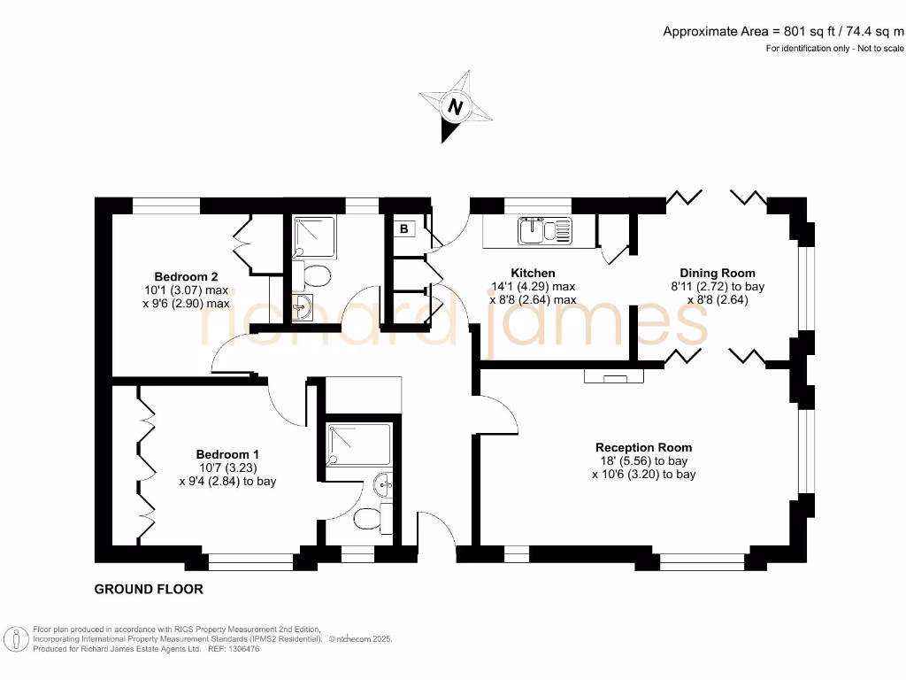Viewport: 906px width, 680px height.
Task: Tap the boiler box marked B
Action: [404, 228]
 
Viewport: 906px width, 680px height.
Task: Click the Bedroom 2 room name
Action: [186, 275]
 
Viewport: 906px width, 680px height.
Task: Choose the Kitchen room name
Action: [533, 273]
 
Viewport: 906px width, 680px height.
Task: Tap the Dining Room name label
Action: [717, 273]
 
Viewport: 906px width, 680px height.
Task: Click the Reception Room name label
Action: [643, 447]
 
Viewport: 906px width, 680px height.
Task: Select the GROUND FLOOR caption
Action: [149, 589]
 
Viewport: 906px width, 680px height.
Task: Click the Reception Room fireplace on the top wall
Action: [614, 376]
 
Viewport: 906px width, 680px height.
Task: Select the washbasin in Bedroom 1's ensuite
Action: [383, 484]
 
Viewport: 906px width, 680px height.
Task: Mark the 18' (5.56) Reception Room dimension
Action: [643, 461]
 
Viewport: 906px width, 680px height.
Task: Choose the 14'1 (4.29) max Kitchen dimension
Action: [533, 286]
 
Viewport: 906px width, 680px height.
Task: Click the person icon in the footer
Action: [14, 639]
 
